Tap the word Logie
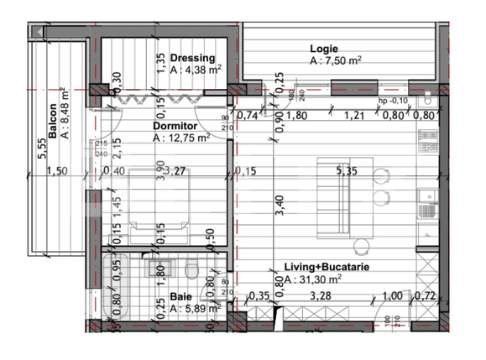[325, 49]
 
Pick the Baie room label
[180, 296]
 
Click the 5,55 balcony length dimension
[40, 148]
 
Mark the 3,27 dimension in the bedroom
[174, 173]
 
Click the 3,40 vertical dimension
[280, 206]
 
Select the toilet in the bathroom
[191, 269]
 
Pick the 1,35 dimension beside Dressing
[159, 64]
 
